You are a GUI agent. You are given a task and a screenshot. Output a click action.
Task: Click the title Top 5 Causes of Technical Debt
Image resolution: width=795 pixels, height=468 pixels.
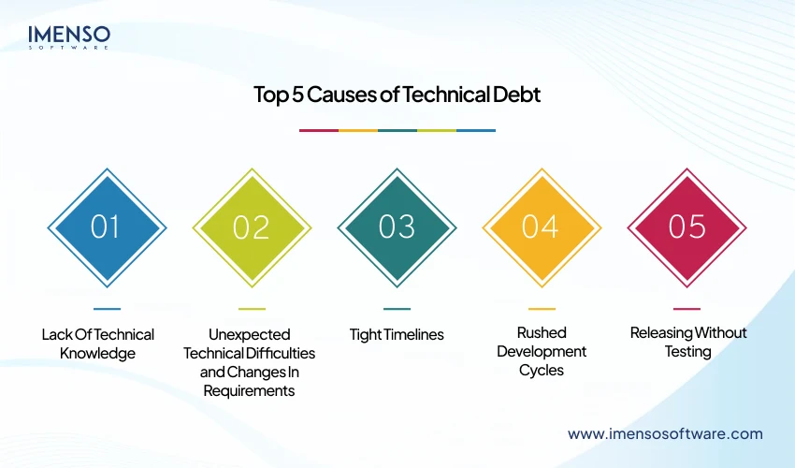[397, 95]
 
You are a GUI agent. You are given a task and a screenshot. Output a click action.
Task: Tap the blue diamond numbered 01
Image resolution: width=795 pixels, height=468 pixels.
[107, 227]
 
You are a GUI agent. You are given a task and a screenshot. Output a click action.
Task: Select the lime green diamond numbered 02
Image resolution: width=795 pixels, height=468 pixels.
[252, 227]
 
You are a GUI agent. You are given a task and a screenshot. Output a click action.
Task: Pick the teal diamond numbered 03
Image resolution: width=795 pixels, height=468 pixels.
[397, 227]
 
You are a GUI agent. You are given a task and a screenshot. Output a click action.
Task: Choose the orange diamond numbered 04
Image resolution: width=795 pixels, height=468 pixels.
[542, 227]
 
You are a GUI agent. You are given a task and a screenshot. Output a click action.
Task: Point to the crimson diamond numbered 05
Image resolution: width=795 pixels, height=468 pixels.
[687, 227]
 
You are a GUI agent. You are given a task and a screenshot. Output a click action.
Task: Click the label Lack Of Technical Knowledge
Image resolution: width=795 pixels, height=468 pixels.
[98, 344]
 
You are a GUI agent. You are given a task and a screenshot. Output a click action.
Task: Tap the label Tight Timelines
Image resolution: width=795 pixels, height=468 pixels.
[397, 334]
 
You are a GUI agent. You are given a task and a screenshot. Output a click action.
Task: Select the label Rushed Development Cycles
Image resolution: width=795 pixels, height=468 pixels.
[542, 351]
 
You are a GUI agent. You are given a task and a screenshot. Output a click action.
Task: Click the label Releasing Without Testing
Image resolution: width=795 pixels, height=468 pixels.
[688, 343]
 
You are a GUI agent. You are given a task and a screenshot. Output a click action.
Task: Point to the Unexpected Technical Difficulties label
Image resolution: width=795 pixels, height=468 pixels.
[250, 361]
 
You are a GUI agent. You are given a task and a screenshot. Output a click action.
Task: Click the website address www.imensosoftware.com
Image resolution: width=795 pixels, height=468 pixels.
[665, 433]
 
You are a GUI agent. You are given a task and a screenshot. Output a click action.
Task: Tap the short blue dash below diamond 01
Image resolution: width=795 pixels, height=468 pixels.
[107, 308]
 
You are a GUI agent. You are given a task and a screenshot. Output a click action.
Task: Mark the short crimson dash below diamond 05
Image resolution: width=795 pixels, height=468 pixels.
[687, 308]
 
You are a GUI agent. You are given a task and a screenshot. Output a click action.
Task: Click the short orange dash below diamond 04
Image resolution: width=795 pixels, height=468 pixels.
[542, 308]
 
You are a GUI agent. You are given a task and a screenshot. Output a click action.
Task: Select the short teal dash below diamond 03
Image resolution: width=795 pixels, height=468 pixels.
[397, 308]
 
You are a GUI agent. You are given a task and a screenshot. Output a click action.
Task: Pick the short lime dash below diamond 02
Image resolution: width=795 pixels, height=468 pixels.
[252, 308]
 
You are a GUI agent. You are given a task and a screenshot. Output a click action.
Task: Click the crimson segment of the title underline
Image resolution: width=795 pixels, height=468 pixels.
[318, 130]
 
